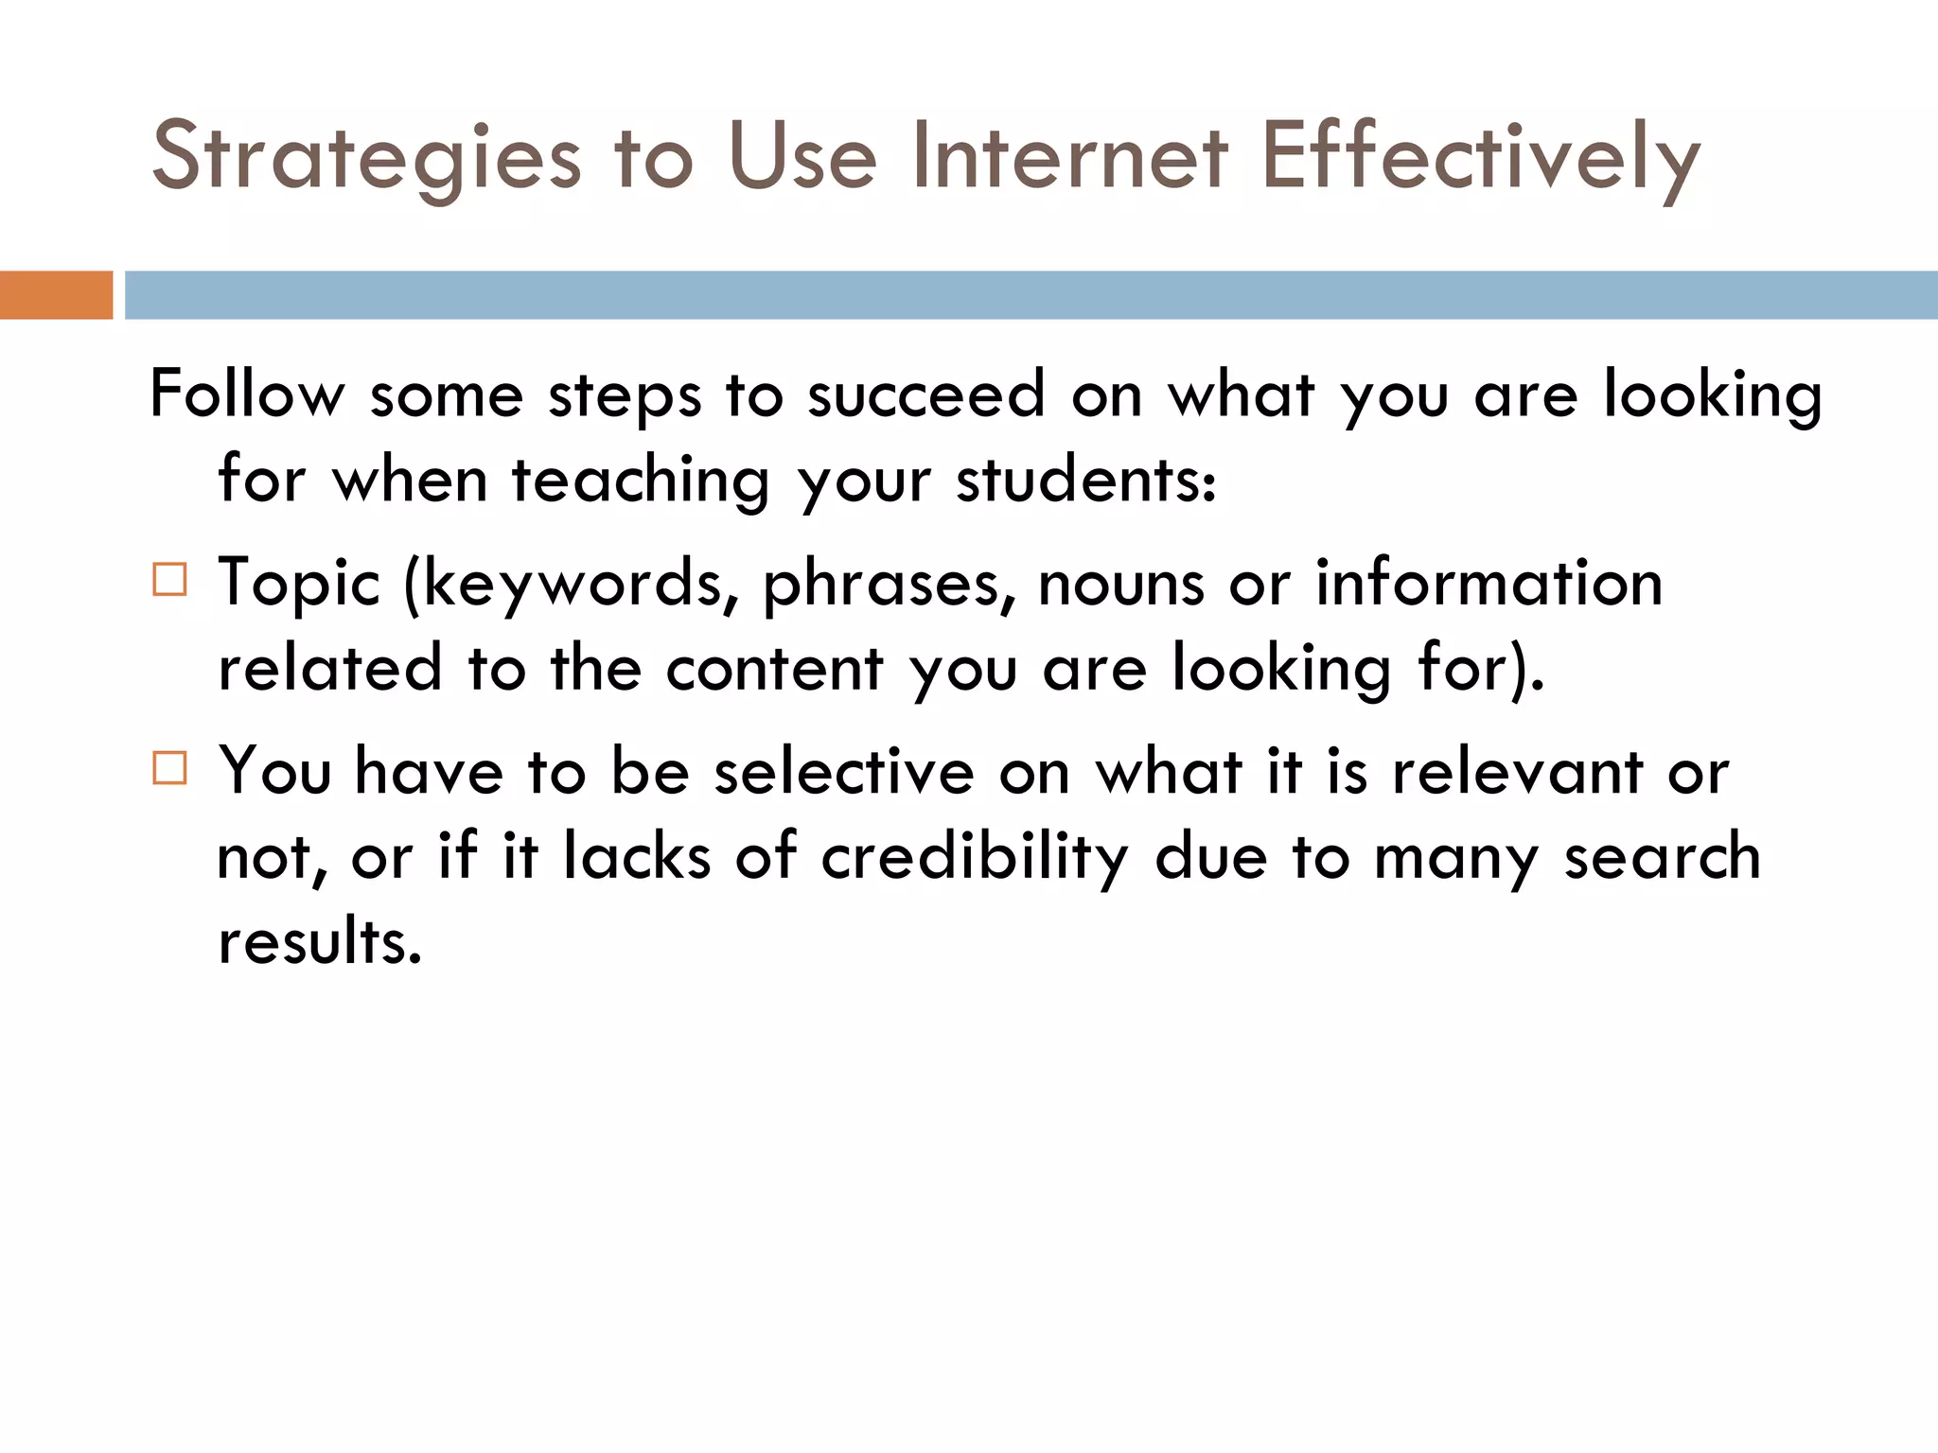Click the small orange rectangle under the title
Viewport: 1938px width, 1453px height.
click(x=56, y=295)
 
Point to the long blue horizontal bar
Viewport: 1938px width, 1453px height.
click(x=1031, y=295)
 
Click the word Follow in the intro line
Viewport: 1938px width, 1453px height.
click(x=247, y=394)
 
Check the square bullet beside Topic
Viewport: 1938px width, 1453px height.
click(x=170, y=579)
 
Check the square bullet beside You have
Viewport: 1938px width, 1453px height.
click(x=170, y=768)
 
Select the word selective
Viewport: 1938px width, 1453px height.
click(x=843, y=772)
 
